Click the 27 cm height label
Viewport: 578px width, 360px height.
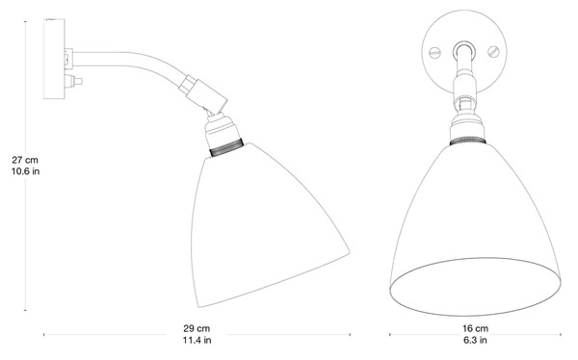(x=25, y=161)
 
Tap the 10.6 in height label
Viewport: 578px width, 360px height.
(x=25, y=171)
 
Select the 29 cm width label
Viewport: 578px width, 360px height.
(x=197, y=328)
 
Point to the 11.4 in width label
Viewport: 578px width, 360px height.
(x=197, y=340)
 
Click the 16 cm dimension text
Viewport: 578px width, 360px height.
(x=476, y=328)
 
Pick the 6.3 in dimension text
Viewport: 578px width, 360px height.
(x=476, y=340)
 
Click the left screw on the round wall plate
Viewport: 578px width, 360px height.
(x=435, y=53)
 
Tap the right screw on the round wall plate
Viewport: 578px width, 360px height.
(x=493, y=52)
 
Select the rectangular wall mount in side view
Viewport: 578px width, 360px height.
(x=54, y=59)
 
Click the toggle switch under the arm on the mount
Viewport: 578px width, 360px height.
(x=73, y=81)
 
